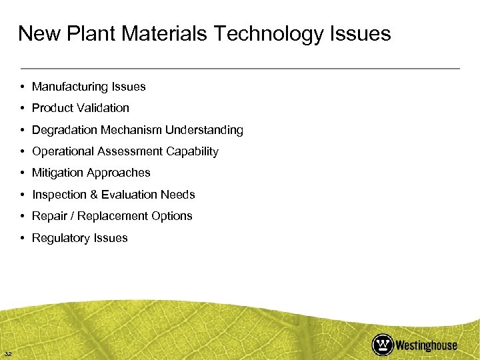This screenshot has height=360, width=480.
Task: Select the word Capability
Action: (x=192, y=151)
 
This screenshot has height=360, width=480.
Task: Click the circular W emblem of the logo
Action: (x=382, y=344)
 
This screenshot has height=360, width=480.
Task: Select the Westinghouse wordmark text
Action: (x=427, y=345)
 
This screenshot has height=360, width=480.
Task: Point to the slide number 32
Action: (x=8, y=353)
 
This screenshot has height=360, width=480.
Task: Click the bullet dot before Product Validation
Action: (x=23, y=108)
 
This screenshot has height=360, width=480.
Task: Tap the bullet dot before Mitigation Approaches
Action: (x=23, y=173)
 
